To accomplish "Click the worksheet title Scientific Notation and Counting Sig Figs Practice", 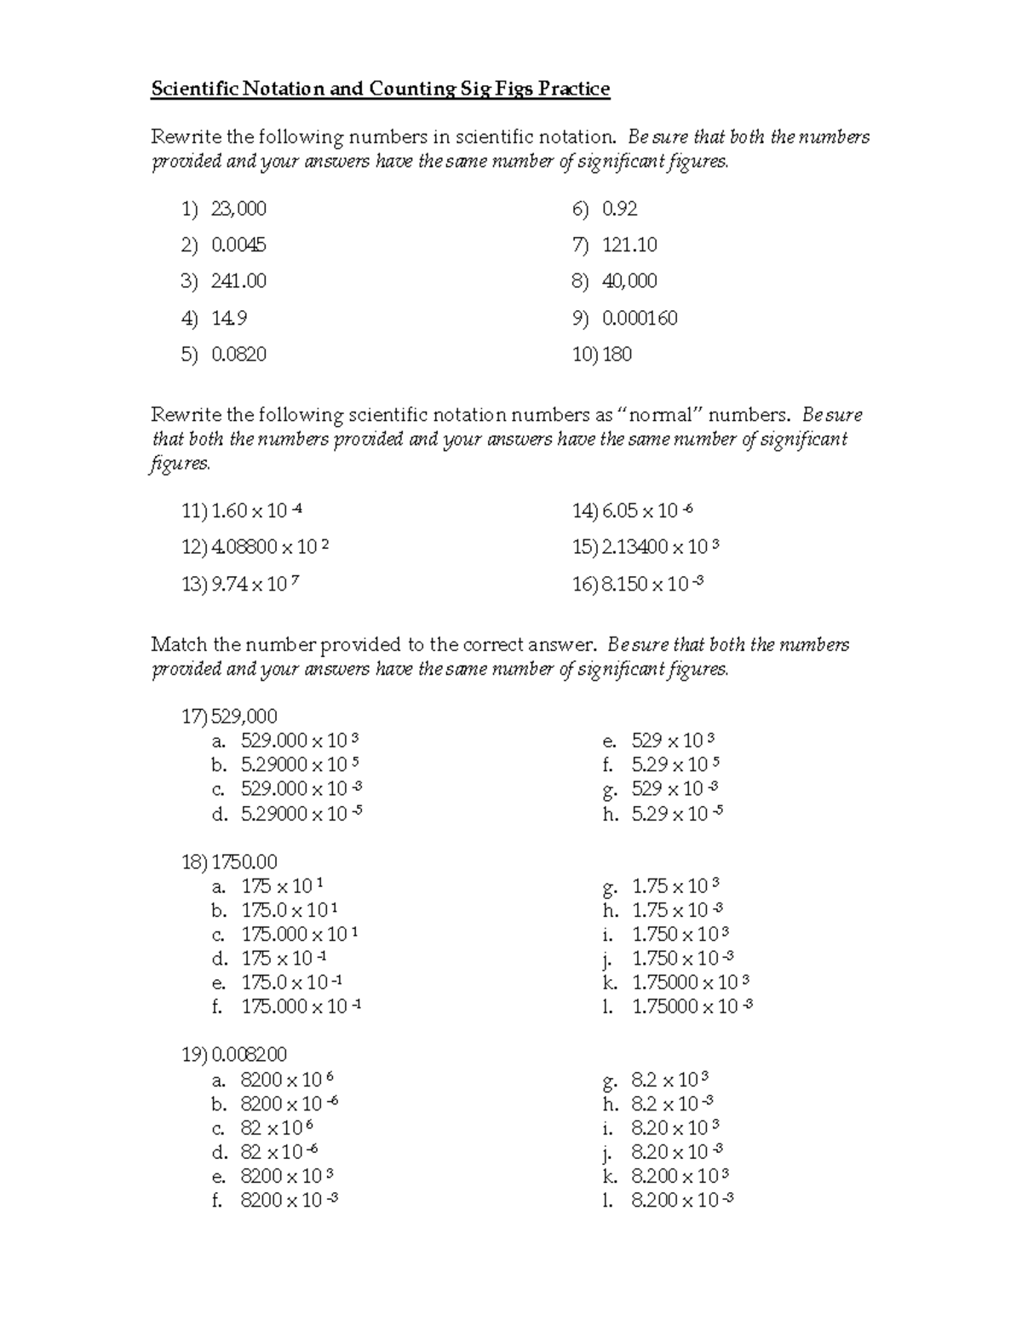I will tap(380, 89).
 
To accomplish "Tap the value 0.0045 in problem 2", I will tap(238, 245).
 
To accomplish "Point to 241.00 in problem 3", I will tap(238, 281).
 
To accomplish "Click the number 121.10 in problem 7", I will tap(629, 245).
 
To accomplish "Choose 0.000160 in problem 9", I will tap(640, 319).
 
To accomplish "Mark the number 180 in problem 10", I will tap(617, 355).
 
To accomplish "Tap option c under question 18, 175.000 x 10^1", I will tap(300, 934).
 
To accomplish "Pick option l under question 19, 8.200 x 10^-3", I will tap(682, 1201).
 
